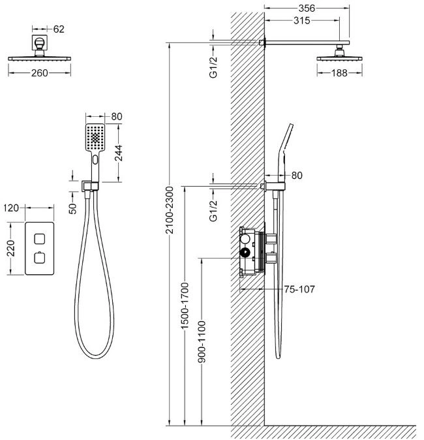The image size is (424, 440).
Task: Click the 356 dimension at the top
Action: [307, 8]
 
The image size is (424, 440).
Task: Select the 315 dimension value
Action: [302, 20]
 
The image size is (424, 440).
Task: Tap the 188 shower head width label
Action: [339, 73]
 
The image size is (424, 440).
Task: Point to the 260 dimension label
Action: [40, 73]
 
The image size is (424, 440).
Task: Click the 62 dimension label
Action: [59, 29]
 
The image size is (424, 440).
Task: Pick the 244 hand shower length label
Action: [119, 153]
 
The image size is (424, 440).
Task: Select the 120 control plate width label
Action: [11, 208]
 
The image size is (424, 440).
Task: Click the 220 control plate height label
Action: [11, 248]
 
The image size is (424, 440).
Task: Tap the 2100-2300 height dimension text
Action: [170, 210]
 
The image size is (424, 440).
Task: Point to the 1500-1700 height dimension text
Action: [185, 306]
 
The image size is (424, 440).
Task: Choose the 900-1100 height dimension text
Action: [202, 342]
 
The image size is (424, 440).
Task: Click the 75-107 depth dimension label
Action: [299, 289]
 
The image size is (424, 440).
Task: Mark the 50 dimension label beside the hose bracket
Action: [72, 209]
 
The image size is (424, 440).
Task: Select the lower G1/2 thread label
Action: [213, 210]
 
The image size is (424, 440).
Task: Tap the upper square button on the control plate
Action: [40, 239]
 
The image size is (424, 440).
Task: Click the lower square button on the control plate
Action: [40, 258]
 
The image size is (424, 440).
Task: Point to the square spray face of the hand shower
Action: [95, 138]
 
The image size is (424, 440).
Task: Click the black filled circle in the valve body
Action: [245, 253]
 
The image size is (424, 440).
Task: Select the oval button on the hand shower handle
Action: [95, 160]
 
